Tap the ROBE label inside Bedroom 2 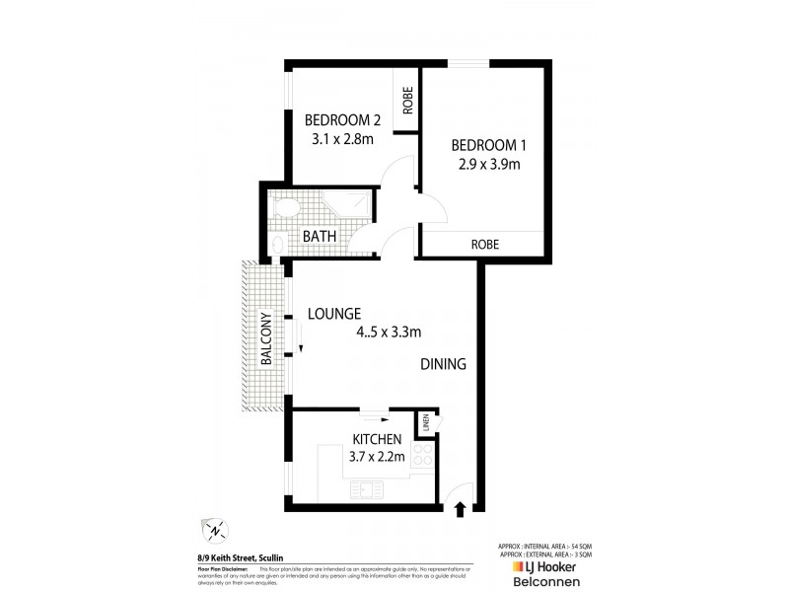pos(405,100)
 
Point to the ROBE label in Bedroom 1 pos(483,244)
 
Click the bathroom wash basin pos(278,243)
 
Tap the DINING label pos(443,364)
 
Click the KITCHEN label pos(376,439)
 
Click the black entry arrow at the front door pos(460,509)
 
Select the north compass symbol pos(215,530)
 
